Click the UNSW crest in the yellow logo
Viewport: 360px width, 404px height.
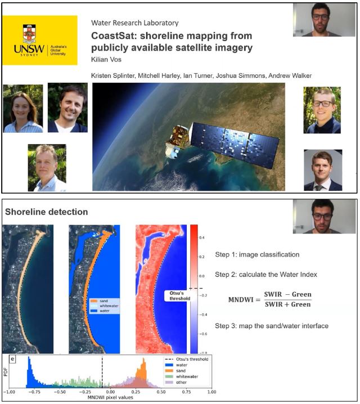tap(29, 34)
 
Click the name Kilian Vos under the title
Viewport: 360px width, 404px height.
tap(106, 60)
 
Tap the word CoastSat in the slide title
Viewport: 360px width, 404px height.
tap(114, 36)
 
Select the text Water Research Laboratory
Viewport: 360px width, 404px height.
tap(134, 23)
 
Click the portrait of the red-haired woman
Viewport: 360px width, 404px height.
tap(23, 109)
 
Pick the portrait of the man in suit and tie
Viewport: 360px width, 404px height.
tap(323, 170)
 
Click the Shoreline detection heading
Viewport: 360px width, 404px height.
tap(46, 212)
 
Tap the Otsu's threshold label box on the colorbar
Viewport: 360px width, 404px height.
tap(179, 296)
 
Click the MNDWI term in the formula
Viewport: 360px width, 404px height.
tap(241, 300)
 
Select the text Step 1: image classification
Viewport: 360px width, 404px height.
tap(257, 254)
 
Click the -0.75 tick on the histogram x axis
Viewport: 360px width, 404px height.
tap(34, 392)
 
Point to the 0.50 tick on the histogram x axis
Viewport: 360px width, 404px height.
tap(161, 392)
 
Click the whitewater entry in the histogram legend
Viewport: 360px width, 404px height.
tap(182, 376)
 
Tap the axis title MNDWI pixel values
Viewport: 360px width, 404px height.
tap(110, 398)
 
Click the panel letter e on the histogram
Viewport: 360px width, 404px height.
tap(12, 359)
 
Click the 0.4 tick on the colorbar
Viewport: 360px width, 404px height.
tap(202, 237)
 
